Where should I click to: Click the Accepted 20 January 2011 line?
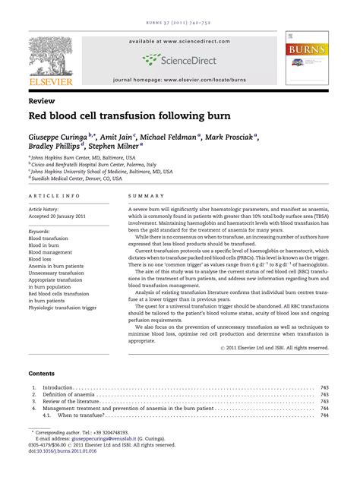(62, 215)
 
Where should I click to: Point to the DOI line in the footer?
(58, 450)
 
